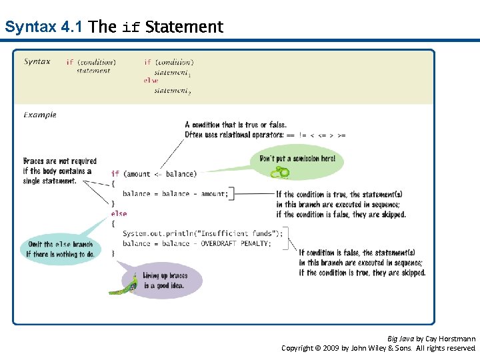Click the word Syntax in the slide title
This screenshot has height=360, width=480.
[30, 27]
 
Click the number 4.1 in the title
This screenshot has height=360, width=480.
[71, 27]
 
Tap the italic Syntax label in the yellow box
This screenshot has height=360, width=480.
[37, 62]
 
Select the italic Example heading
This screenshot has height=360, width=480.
[40, 115]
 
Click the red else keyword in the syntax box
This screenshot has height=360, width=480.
[151, 81]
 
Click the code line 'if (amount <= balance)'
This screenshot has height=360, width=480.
[154, 174]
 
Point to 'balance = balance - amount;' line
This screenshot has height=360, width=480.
[175, 194]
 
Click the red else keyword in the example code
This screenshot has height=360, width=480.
[119, 214]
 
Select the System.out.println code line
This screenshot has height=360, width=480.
[203, 233]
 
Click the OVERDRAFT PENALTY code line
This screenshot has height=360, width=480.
[197, 243]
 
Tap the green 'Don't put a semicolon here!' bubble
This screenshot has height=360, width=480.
[298, 159]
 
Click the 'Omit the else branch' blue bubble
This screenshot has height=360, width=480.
[59, 249]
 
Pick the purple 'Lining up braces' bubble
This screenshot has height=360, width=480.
[167, 280]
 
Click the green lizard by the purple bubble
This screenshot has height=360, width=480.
[127, 283]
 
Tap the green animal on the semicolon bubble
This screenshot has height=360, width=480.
[280, 173]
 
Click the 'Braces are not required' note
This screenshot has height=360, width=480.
[59, 171]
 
